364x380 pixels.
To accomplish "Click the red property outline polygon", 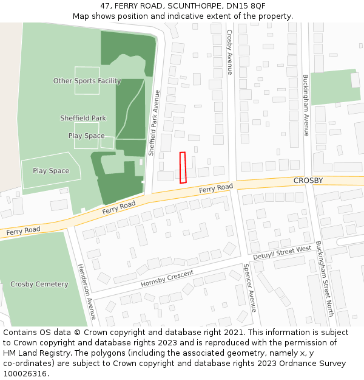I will (183, 167).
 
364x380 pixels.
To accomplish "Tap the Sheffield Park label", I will (83, 118).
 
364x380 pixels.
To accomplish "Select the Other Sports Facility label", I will (87, 81).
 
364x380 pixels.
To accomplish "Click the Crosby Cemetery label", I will (39, 284).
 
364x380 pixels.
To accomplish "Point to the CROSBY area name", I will (308, 181).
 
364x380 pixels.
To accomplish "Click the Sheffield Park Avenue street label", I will (155, 122).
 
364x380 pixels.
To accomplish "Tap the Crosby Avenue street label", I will (230, 52).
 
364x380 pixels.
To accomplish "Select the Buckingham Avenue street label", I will (306, 105).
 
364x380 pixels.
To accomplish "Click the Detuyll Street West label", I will (281, 252).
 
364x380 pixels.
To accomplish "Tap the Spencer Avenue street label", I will (250, 288).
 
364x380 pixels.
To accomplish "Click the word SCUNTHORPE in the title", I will (181, 5).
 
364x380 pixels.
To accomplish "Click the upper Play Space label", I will (86, 136).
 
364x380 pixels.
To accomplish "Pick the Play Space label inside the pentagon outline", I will (51, 171).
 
